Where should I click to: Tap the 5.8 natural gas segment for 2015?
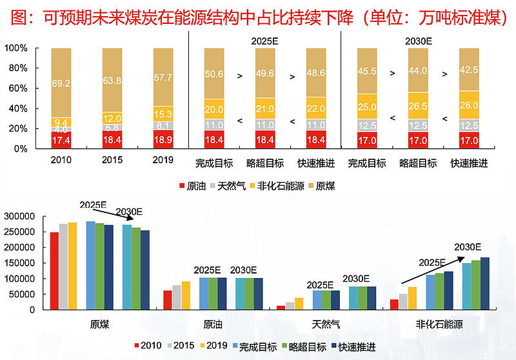coord(113,128)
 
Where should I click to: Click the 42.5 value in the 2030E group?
coord(469,70)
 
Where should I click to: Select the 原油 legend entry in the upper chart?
coord(193,186)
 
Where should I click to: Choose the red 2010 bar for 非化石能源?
coord(394,305)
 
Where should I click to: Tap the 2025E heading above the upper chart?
coord(264,41)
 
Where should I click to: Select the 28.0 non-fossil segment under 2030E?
coord(469,105)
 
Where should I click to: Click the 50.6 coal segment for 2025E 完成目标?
coord(214,74)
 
